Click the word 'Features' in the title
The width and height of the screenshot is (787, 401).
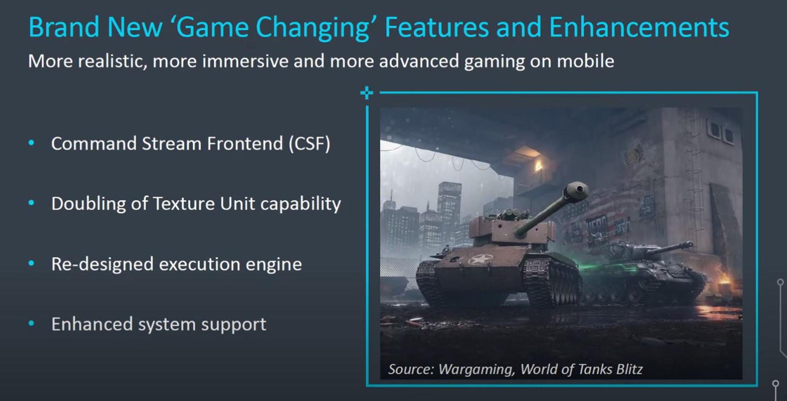(437, 27)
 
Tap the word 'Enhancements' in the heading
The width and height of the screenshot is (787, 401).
(639, 27)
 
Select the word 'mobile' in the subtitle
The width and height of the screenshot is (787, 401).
(585, 61)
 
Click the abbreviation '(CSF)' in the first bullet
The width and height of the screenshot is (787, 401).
(310, 144)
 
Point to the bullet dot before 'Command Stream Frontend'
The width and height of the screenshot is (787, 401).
(31, 143)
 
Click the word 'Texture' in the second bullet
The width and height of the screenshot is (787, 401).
(184, 204)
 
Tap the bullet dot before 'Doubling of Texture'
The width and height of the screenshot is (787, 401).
(31, 203)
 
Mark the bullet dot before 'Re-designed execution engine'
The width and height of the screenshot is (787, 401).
(31, 263)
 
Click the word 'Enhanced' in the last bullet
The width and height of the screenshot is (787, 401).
(92, 324)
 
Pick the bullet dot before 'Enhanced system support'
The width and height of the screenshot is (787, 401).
(31, 323)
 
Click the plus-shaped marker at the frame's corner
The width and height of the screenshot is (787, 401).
(367, 93)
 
